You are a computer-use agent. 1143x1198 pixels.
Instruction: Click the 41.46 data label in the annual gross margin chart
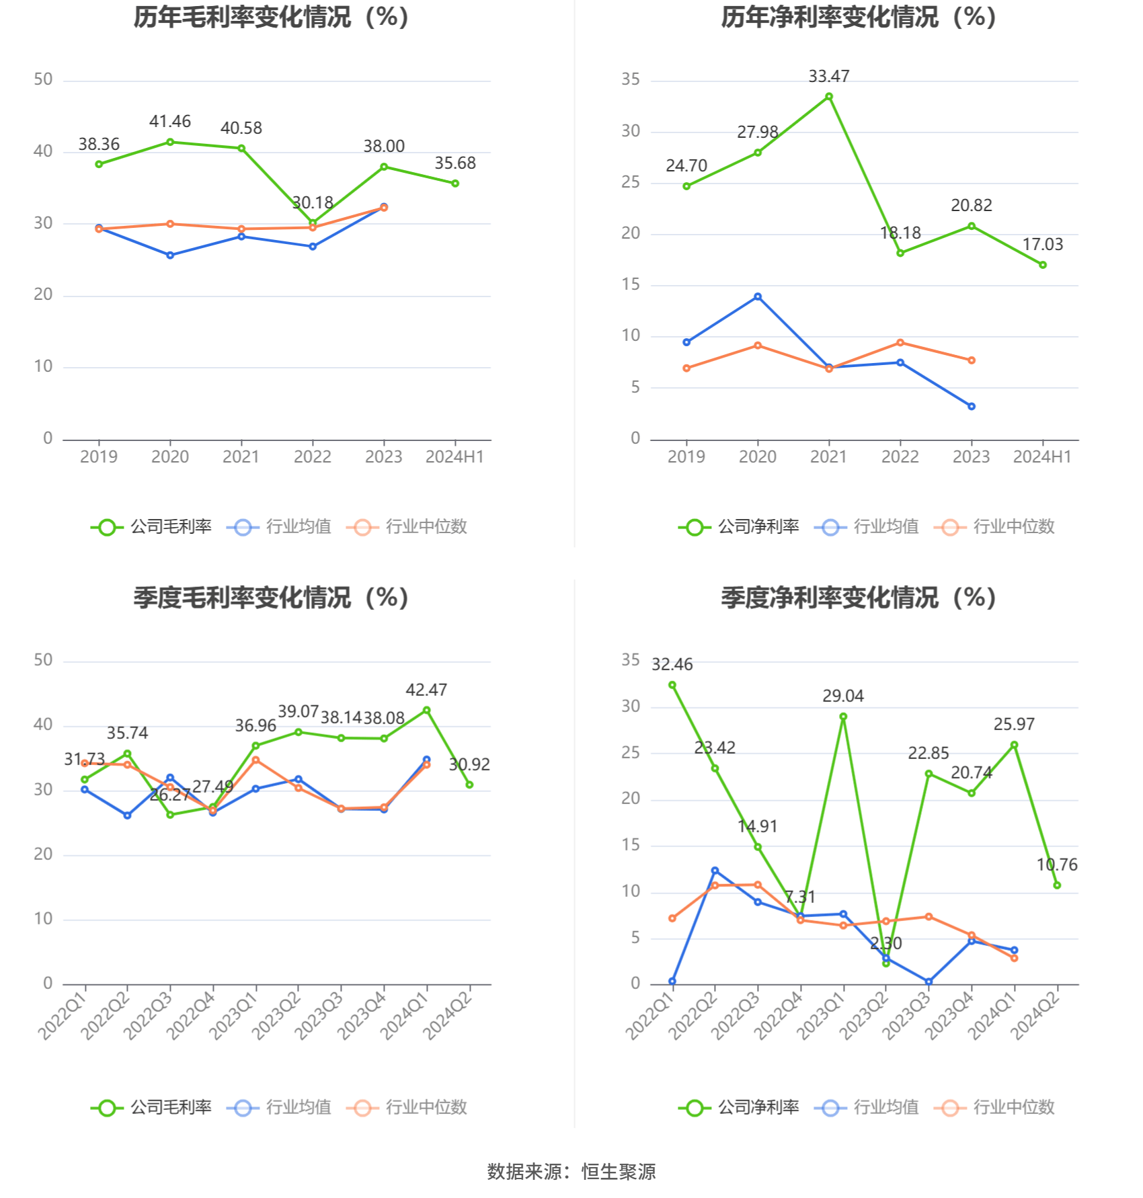(x=169, y=122)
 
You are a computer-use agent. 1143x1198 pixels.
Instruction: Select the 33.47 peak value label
(x=828, y=77)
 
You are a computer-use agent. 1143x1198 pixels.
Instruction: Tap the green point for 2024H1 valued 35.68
(x=455, y=184)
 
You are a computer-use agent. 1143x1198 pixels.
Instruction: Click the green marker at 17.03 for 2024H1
(x=1043, y=266)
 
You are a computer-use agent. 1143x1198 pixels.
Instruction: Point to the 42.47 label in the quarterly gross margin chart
(x=426, y=690)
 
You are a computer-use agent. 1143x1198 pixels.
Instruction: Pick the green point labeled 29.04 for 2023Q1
(x=843, y=717)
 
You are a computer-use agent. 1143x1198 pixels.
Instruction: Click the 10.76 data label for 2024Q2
(x=1057, y=865)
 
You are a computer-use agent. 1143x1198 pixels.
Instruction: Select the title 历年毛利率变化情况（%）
(x=271, y=17)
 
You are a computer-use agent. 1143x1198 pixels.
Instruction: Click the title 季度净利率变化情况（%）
(x=859, y=598)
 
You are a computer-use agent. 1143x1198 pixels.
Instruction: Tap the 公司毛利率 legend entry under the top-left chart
(x=152, y=527)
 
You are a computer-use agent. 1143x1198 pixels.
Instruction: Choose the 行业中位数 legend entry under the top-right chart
(x=995, y=527)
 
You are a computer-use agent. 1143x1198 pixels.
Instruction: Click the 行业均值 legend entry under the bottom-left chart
(x=280, y=1108)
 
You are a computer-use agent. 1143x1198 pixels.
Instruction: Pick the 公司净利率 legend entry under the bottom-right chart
(x=740, y=1108)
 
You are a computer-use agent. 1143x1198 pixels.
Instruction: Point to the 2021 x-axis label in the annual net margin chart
(x=828, y=457)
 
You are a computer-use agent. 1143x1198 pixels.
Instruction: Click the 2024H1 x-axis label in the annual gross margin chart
(x=455, y=457)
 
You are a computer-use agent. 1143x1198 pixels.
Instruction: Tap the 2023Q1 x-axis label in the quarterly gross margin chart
(x=233, y=1015)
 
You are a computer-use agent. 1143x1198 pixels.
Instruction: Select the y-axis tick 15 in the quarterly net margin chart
(x=631, y=845)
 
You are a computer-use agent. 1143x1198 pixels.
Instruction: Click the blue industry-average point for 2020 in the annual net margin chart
(x=758, y=296)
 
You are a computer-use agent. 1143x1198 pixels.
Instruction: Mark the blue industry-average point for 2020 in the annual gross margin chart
(x=170, y=255)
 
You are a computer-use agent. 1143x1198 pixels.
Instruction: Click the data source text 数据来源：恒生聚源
(x=571, y=1172)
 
